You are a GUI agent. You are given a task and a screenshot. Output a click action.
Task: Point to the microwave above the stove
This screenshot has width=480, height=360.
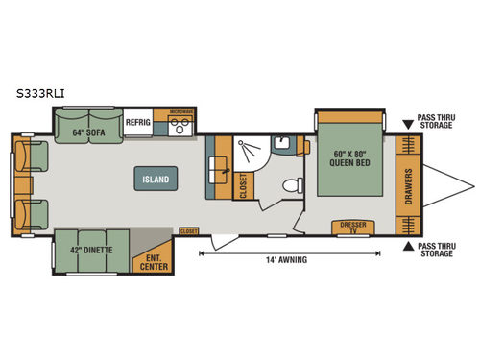point(180,112)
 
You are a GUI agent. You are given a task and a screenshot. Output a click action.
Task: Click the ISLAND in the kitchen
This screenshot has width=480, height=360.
point(156,180)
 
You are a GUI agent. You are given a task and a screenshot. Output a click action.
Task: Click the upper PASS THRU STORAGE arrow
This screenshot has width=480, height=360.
point(407,123)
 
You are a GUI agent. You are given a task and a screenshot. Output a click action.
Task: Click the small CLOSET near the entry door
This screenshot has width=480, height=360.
point(189,231)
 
